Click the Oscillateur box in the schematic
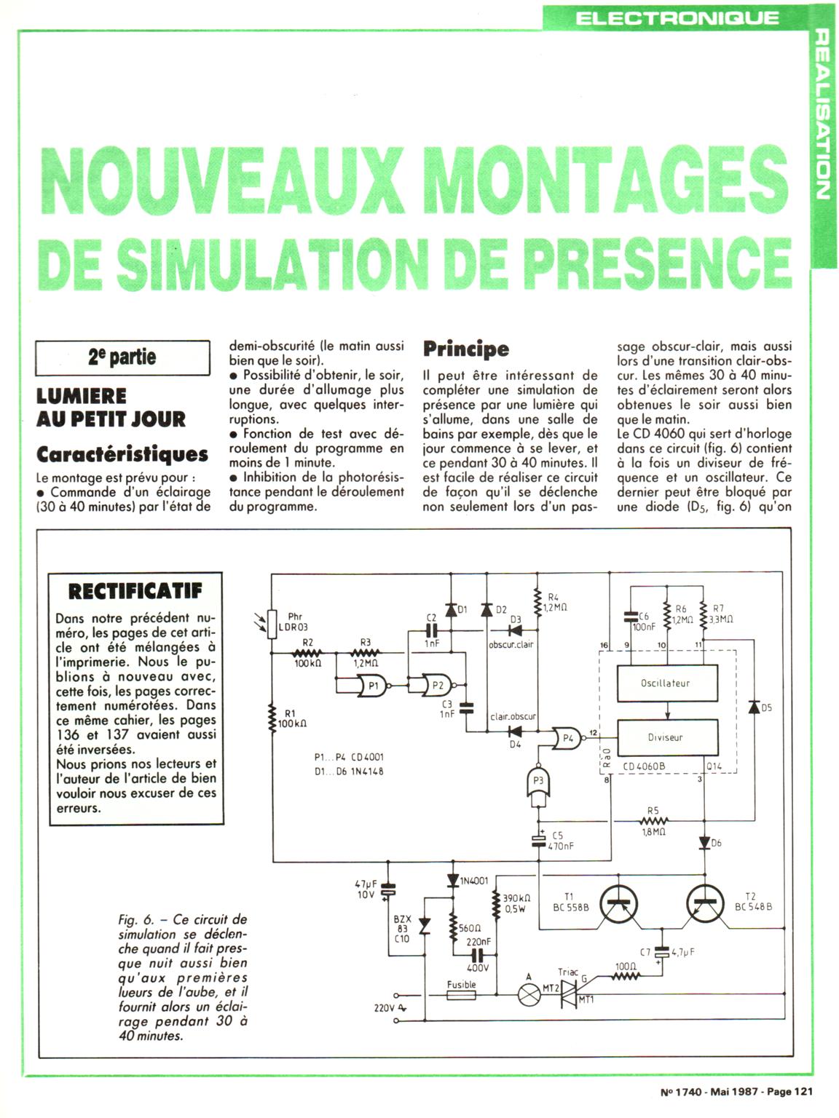pos(665,683)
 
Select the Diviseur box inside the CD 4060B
pos(665,737)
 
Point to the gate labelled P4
pos(567,738)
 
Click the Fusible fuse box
pos(461,995)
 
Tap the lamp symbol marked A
pos(527,995)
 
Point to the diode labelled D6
pos(704,843)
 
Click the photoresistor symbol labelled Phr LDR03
pos(272,624)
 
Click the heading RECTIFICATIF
pos(135,590)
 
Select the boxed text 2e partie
pos(122,357)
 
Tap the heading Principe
pos(466,349)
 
